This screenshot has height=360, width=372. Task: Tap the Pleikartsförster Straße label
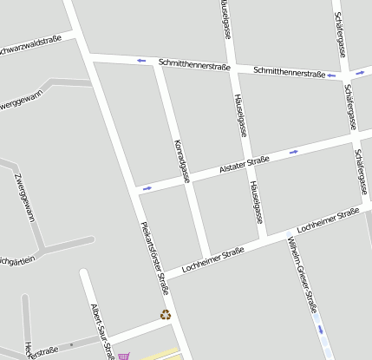(x=154, y=258)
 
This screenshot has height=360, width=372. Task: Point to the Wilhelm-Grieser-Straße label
(x=297, y=278)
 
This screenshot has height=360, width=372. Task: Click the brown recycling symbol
(x=165, y=315)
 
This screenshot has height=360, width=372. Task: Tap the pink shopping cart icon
(x=123, y=355)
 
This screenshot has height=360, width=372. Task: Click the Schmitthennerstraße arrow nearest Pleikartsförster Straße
(x=141, y=61)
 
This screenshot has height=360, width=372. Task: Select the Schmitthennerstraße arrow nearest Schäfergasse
(x=331, y=75)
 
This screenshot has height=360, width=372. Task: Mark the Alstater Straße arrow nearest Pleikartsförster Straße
(x=147, y=187)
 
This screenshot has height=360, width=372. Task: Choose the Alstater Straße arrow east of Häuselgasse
(x=294, y=152)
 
